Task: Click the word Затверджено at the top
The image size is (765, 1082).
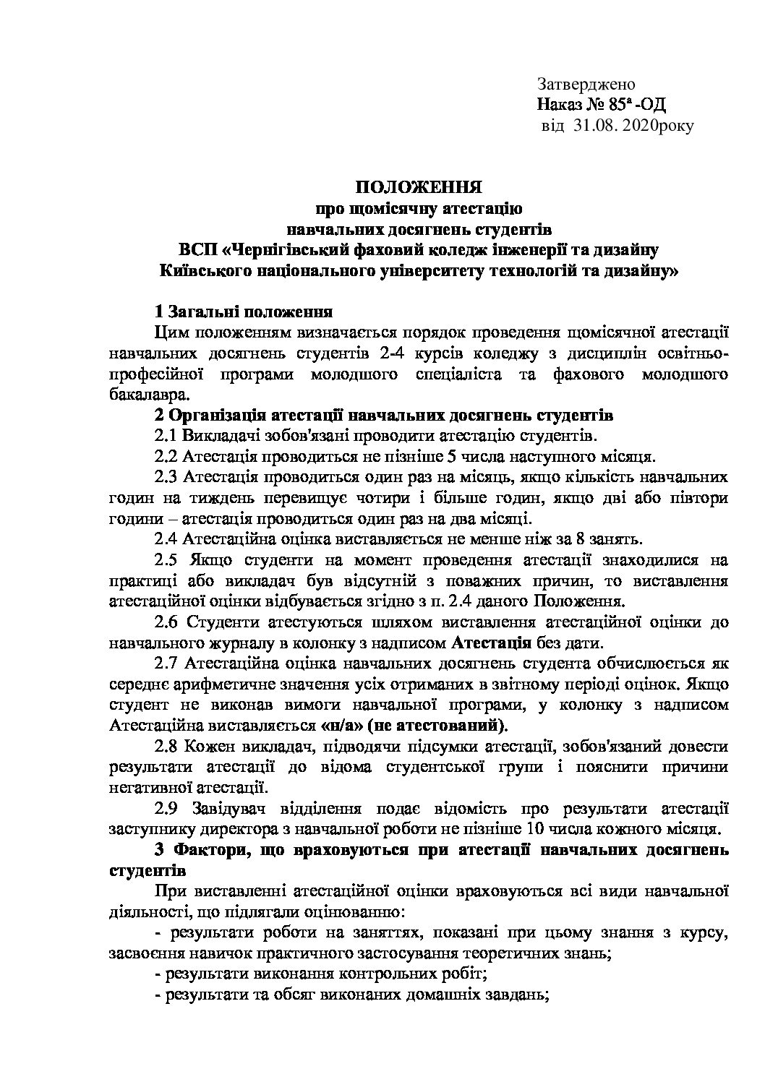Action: pos(586,85)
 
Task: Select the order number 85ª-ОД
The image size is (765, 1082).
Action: pos(637,106)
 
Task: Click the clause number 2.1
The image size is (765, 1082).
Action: pos(167,437)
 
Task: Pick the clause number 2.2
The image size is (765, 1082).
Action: pos(167,457)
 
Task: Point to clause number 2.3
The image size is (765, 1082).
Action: pos(167,478)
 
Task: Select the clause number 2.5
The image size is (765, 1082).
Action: pos(168,560)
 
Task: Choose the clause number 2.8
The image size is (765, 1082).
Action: pos(168,745)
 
